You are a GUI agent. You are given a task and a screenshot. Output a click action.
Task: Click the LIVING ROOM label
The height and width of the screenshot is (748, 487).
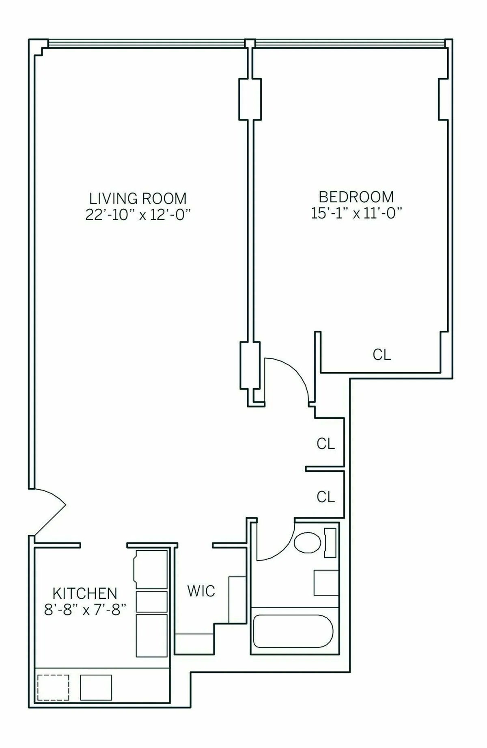138,199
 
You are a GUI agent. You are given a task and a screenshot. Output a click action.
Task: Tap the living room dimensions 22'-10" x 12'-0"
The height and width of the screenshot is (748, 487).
138,214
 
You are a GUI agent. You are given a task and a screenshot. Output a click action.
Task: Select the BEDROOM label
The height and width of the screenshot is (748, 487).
356,197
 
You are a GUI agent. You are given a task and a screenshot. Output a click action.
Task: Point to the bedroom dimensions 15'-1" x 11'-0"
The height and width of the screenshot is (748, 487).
356,213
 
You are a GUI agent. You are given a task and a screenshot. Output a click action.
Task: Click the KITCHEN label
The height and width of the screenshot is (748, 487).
85,594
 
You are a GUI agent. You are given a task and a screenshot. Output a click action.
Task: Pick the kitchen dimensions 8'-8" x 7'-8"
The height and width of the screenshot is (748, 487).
85,609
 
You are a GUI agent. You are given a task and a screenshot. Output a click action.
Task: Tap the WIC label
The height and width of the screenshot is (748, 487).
201,591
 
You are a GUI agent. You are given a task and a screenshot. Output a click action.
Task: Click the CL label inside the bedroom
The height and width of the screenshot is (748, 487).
381,355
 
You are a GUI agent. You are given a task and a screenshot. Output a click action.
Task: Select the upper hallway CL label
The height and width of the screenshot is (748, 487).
325,444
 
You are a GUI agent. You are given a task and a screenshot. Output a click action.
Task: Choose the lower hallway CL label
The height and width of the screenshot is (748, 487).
325,497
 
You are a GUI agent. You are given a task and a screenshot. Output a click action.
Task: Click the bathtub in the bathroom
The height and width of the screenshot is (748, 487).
293,631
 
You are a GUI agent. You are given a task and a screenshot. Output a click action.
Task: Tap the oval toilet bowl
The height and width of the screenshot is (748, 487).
307,543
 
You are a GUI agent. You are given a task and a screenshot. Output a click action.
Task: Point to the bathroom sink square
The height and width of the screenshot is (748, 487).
326,583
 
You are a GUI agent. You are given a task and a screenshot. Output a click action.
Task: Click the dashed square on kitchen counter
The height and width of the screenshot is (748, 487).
53,687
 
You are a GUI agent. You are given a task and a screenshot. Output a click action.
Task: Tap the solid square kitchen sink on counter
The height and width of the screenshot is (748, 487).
96,687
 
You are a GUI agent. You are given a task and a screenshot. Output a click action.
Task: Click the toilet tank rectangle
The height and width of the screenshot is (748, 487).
330,542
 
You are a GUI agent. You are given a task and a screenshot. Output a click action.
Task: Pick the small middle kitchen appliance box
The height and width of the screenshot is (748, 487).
151,602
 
